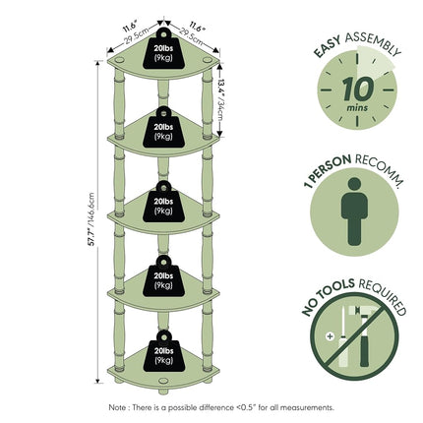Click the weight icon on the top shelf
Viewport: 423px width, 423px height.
point(163,48)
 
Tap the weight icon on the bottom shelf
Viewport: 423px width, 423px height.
point(164,351)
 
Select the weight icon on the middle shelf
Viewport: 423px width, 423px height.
point(163,202)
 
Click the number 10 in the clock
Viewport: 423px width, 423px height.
point(357,89)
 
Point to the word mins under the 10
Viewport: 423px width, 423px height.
point(357,107)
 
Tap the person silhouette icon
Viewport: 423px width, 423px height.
point(354,211)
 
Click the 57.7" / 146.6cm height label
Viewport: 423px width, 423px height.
point(91,219)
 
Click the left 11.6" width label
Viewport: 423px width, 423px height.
point(131,27)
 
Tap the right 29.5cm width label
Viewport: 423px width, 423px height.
point(191,36)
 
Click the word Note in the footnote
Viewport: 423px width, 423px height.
point(117,407)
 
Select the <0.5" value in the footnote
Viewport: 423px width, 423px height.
point(246,407)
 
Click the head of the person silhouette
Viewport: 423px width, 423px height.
point(354,184)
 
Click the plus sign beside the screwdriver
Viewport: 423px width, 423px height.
point(330,336)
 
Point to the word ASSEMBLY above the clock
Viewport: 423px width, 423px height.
point(373,42)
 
